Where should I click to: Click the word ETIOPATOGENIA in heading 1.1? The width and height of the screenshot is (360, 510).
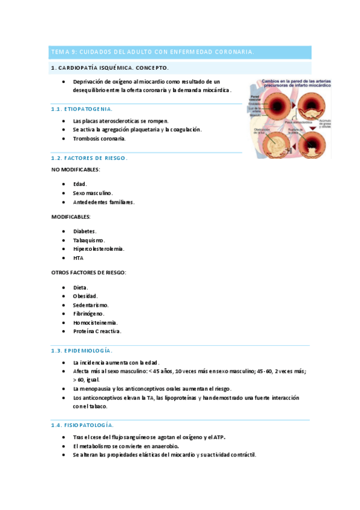click(91, 109)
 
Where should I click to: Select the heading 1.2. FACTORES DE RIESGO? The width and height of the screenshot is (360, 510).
click(89, 158)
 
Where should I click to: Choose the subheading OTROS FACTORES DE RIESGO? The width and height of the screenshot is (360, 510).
click(88, 272)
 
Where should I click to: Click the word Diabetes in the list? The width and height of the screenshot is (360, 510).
click(84, 231)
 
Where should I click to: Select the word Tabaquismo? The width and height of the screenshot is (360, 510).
click(88, 240)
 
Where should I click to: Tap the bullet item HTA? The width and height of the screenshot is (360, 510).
click(78, 258)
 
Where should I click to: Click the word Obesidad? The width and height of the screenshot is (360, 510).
click(85, 296)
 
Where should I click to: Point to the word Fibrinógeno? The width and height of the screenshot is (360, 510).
click(88, 313)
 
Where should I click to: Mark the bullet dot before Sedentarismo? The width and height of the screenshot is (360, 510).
click(64, 305)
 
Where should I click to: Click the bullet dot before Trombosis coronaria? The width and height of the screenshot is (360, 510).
click(64, 138)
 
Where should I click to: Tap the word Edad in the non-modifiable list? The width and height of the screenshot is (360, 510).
click(79, 184)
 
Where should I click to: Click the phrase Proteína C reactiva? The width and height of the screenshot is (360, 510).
click(97, 331)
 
